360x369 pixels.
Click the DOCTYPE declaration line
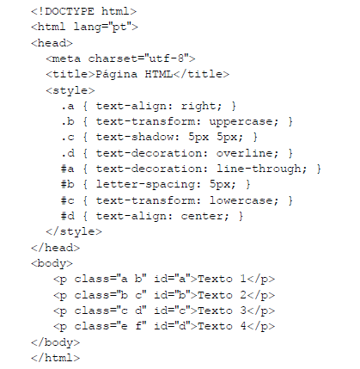[84, 11]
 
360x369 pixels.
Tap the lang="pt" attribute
[102, 28]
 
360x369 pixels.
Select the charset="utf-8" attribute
[138, 58]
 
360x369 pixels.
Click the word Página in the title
[116, 75]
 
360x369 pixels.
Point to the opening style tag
[70, 90]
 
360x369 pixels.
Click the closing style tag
[74, 231]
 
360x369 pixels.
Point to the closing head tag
[56, 248]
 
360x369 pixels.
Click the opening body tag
[52, 263]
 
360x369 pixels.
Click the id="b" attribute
[172, 295]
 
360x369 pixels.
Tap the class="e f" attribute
[111, 326]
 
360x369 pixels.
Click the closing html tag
[56, 358]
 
